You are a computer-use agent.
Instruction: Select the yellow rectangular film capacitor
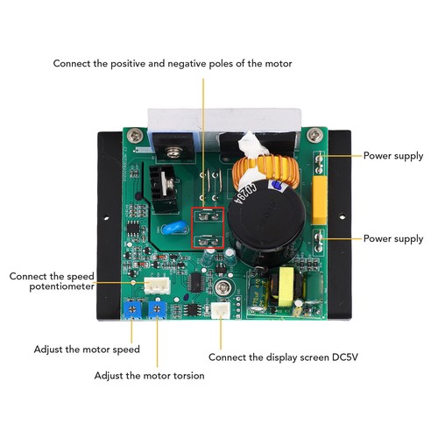(320, 200)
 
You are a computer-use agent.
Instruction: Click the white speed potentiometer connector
(157, 285)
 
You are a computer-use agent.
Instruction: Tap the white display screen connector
(221, 311)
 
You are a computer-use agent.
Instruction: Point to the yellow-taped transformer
(284, 286)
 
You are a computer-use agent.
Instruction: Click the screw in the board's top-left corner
(135, 135)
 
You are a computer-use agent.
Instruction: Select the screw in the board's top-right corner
(315, 135)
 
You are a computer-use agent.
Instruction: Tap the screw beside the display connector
(223, 288)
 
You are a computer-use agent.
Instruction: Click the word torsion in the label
(188, 376)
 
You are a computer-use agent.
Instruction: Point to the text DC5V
(345, 357)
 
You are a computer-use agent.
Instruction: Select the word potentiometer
(61, 286)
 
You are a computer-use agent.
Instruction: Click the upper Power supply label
(393, 156)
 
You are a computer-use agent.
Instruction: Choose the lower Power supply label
(393, 239)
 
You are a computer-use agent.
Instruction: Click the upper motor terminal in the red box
(208, 216)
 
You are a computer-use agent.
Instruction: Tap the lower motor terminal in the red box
(208, 241)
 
